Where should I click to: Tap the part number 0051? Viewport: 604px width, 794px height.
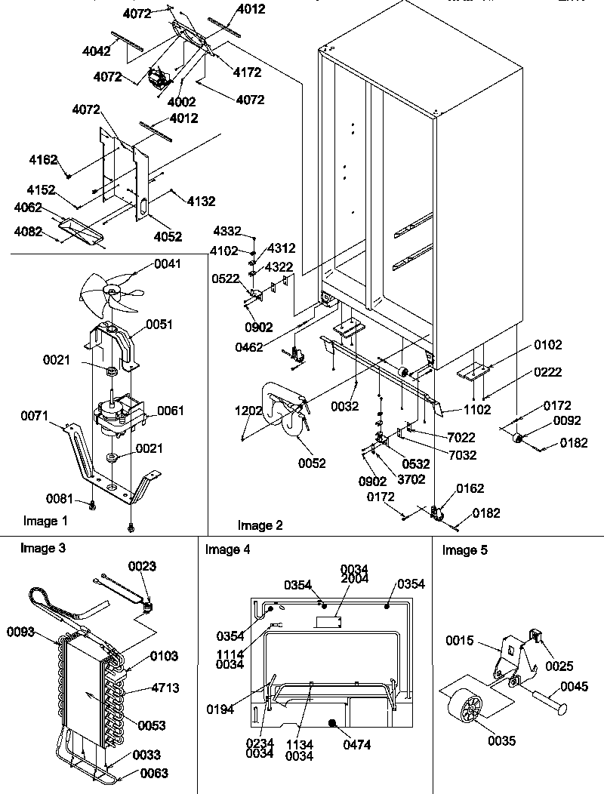[x=160, y=325]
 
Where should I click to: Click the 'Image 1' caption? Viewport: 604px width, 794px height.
[x=45, y=521]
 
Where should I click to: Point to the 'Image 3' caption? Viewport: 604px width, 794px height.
[x=42, y=549]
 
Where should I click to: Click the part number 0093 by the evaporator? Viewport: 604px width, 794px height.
[x=21, y=632]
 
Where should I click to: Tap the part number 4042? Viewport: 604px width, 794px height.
[x=97, y=51]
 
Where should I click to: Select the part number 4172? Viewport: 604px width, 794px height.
[x=247, y=72]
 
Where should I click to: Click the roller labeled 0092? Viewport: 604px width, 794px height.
[x=518, y=439]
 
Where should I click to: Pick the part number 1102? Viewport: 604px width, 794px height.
[x=477, y=411]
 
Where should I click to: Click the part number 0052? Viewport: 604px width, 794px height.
[x=312, y=463]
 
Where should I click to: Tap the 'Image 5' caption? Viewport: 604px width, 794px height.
[x=464, y=550]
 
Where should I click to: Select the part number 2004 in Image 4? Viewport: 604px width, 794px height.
[x=354, y=578]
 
